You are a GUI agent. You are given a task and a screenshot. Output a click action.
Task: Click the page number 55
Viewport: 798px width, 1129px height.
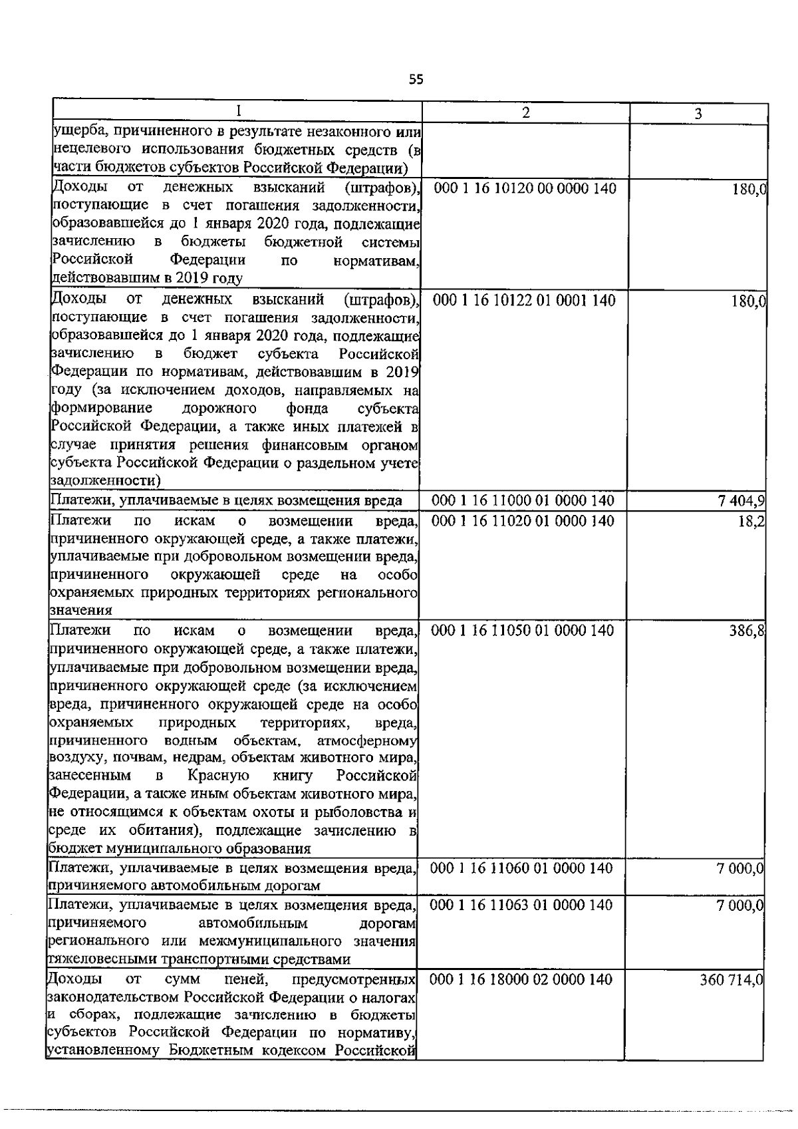pyautogui.click(x=416, y=81)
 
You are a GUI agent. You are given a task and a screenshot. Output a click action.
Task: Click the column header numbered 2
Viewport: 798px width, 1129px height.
pyautogui.click(x=526, y=112)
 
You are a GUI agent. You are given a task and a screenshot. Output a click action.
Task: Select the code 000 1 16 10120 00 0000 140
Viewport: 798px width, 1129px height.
pyautogui.click(x=525, y=189)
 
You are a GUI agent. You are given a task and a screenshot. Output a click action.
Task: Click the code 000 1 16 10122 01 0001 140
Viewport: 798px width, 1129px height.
pyautogui.click(x=525, y=301)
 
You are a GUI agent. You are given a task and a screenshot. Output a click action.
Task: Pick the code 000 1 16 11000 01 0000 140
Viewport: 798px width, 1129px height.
pyautogui.click(x=523, y=501)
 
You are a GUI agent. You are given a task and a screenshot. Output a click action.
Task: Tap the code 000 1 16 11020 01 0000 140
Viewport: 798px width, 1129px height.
pyautogui.click(x=523, y=520)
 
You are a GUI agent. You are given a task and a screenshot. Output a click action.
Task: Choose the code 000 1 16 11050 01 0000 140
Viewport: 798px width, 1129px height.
pyautogui.click(x=523, y=630)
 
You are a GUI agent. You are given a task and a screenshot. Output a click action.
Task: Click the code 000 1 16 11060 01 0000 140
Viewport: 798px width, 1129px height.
pyautogui.click(x=523, y=868)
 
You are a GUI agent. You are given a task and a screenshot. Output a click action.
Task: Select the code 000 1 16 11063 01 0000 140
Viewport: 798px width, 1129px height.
pyautogui.click(x=523, y=905)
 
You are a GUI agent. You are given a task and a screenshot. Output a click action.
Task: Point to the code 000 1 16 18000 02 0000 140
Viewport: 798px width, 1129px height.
pyautogui.click(x=522, y=979)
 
